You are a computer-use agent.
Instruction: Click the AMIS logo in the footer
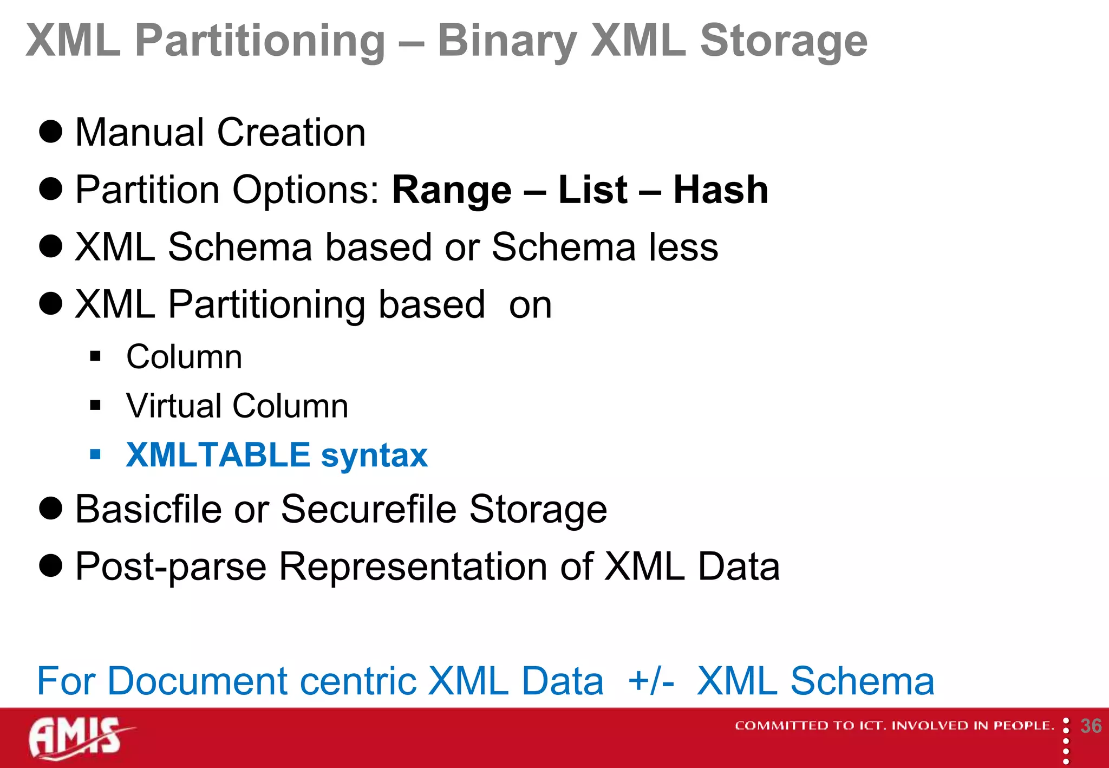79,738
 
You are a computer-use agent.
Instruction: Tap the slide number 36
1091,726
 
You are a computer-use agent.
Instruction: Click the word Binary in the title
506,41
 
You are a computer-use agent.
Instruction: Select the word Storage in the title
783,41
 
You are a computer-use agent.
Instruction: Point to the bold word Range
452,190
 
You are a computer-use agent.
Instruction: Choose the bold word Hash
720,190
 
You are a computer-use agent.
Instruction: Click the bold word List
592,190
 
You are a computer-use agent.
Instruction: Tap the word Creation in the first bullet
291,133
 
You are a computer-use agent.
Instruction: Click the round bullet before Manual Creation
51,132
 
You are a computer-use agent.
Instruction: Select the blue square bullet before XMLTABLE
96,454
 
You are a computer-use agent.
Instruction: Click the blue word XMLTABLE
218,455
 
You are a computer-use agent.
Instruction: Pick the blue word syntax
374,456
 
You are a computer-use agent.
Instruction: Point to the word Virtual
174,406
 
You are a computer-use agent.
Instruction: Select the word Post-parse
171,567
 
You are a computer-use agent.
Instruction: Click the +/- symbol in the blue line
651,681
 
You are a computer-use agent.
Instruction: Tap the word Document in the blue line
198,681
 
